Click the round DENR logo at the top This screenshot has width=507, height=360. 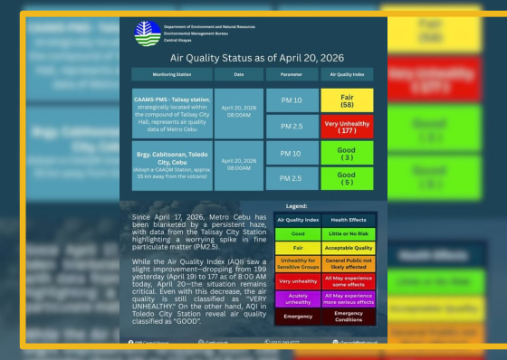coord(147,33)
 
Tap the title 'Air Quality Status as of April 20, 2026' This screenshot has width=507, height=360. coord(253,57)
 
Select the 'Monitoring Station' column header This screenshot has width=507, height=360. coord(171,74)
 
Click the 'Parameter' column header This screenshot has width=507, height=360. coord(291,74)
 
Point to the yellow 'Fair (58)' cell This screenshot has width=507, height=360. coord(346,99)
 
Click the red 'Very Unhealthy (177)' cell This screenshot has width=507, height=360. coord(346,126)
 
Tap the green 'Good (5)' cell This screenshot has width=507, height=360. coord(346,179)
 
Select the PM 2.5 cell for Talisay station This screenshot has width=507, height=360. coord(291,126)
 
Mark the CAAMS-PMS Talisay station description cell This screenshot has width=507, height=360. coord(171,113)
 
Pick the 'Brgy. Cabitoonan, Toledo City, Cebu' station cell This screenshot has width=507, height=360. coord(171,166)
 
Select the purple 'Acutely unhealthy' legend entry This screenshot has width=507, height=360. coord(297,298)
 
